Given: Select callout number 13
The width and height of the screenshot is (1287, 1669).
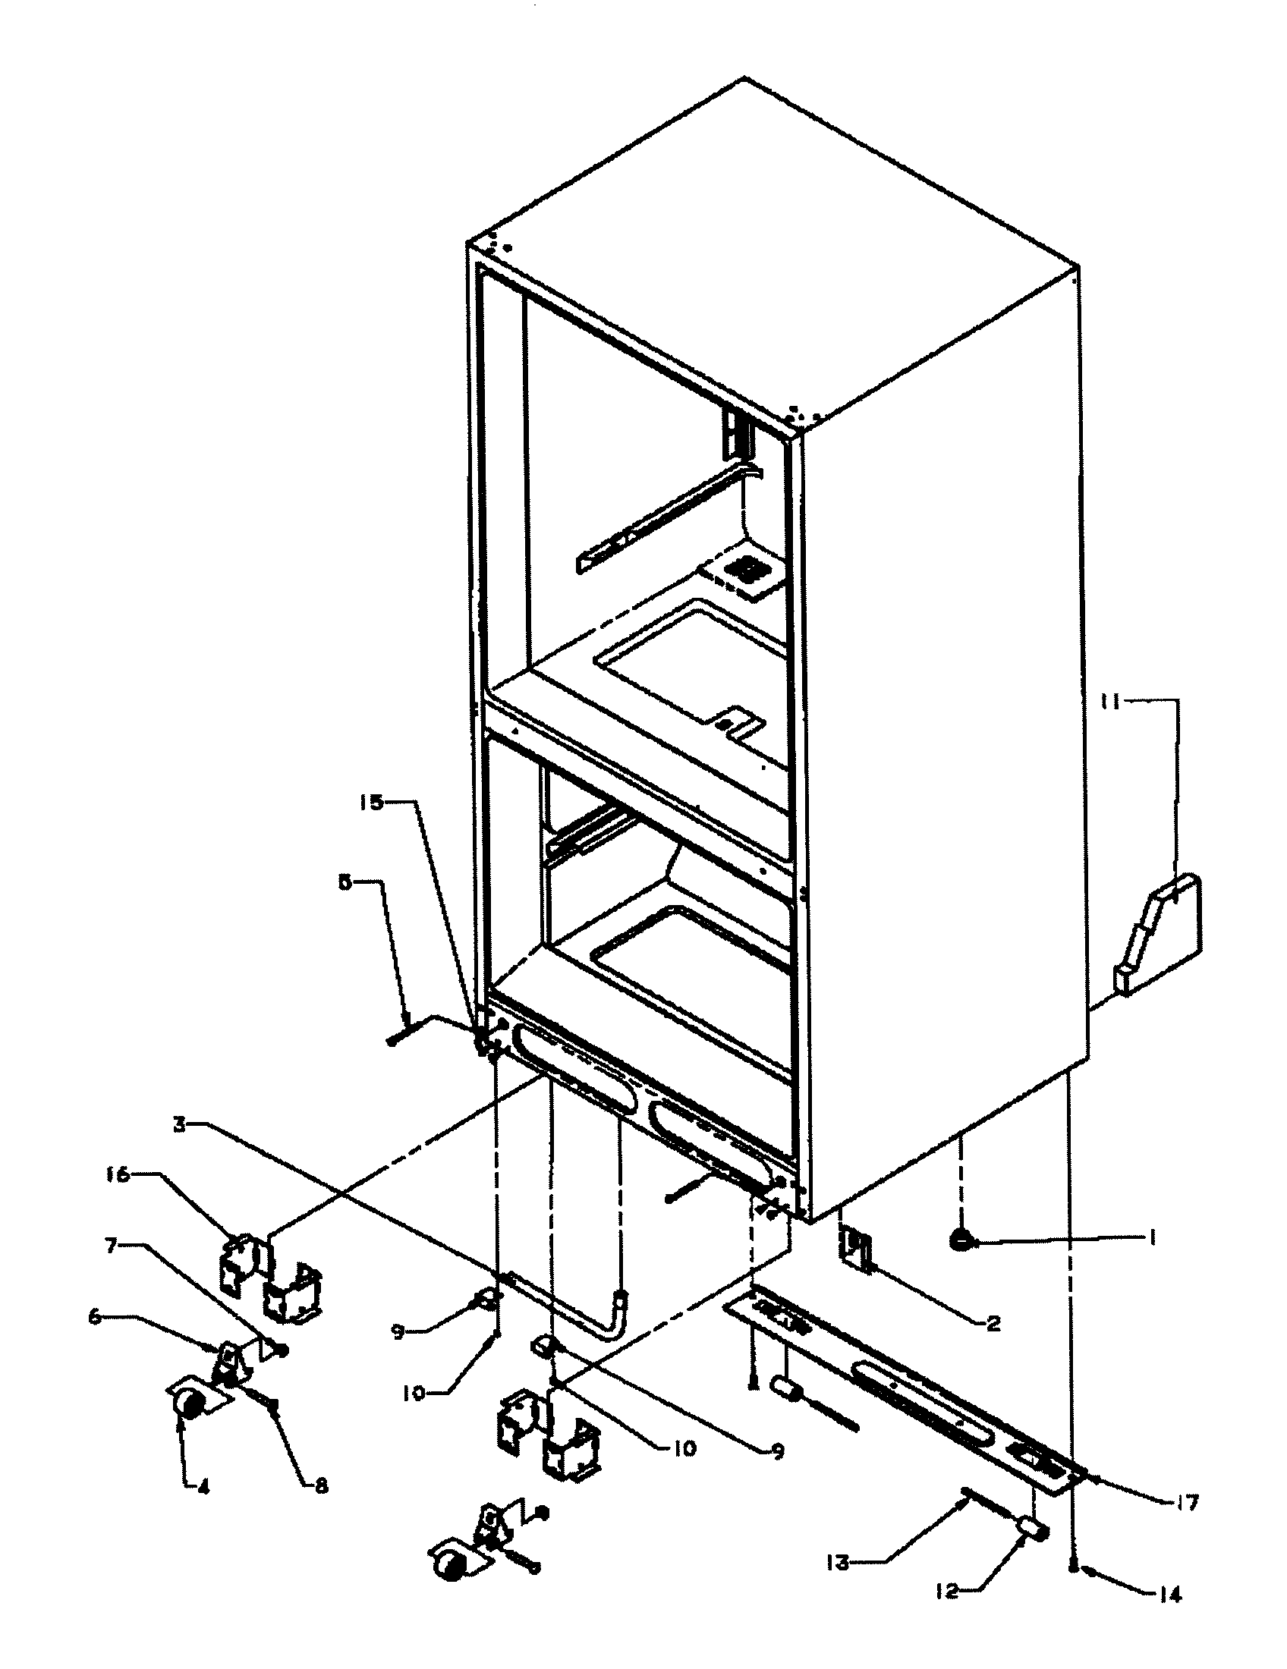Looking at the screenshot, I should [839, 1558].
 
